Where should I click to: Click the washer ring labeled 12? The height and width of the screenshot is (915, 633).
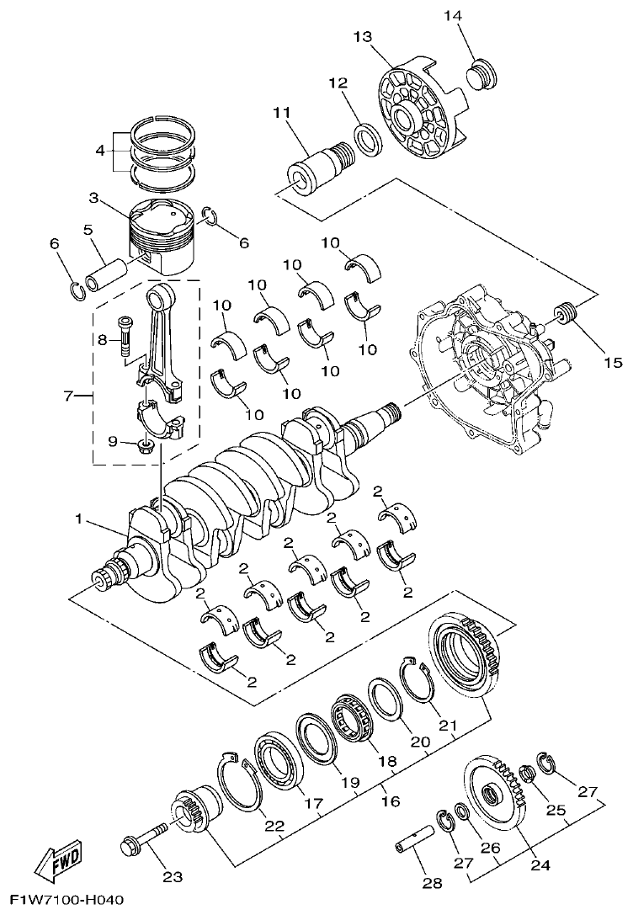tap(367, 138)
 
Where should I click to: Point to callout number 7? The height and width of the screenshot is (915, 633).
tap(68, 394)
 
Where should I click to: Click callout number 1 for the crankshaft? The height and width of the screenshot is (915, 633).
tap(78, 520)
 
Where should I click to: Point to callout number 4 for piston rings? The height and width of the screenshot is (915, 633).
tap(100, 152)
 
